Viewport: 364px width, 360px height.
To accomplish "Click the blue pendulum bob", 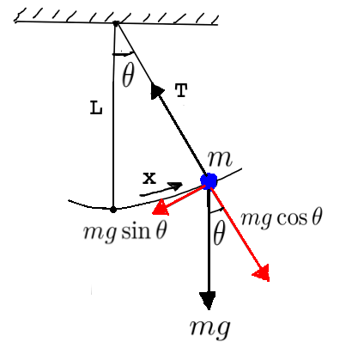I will coord(209,180).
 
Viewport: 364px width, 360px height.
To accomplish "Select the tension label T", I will coord(180,90).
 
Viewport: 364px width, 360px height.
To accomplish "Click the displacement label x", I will coord(149,178).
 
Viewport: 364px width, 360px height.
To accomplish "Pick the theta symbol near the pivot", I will coord(128,76).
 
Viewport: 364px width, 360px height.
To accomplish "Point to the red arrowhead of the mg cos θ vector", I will coord(261,272).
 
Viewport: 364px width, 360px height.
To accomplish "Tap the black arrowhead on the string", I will coord(157,90).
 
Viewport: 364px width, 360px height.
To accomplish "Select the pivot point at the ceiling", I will coord(115,23).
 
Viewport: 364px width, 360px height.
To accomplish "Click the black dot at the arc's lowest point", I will coord(113,208).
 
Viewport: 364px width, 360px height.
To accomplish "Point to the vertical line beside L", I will coord(113,129).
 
